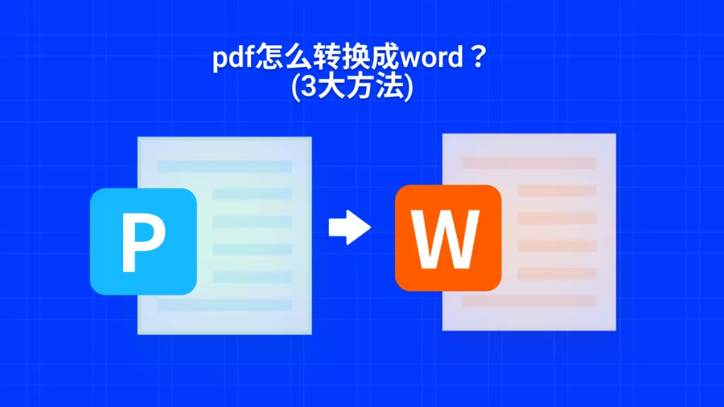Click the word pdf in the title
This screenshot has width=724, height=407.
coord(234,59)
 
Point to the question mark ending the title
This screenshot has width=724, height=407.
coord(479,57)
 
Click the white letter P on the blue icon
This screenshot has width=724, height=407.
coord(143,242)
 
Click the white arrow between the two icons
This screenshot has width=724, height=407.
coord(349,227)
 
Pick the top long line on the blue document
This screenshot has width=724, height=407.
coord(224,166)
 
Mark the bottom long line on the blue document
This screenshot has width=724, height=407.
coord(224,305)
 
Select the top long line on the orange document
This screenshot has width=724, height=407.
coord(529,163)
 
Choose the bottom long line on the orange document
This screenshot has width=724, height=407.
coord(529,301)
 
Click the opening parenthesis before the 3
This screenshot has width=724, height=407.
coord(296,87)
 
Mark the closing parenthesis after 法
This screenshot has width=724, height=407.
coord(409,87)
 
